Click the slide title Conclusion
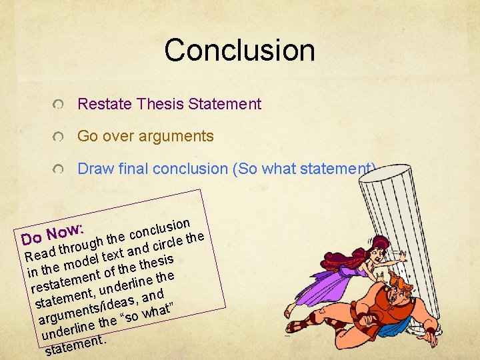coord(239,50)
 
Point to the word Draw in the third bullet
coord(93,169)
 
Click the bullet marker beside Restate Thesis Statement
coord(60,105)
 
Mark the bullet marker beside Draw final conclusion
coord(60,170)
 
